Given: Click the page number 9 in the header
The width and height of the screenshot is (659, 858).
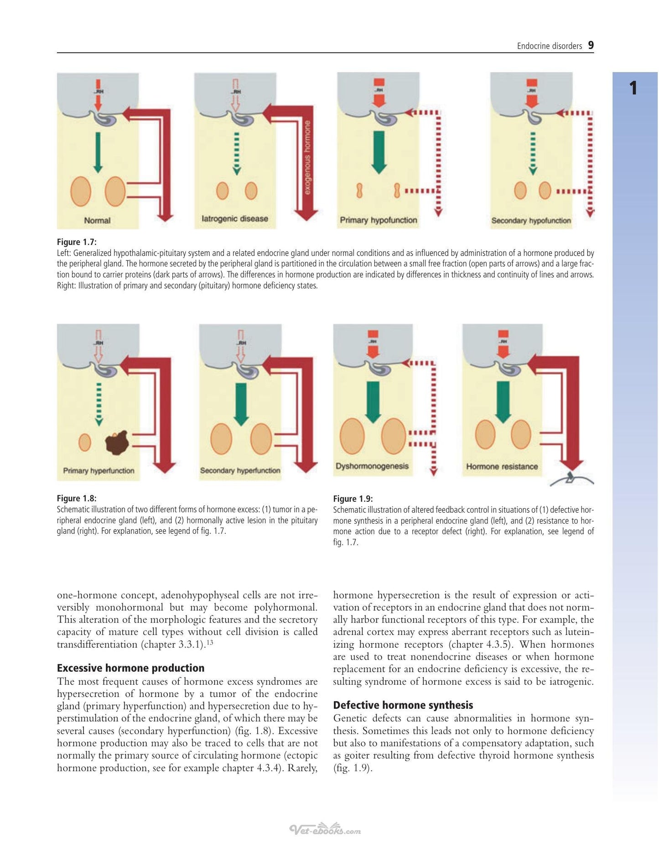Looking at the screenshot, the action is (591, 45).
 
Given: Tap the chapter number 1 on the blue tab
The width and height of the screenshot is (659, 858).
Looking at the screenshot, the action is (633, 88).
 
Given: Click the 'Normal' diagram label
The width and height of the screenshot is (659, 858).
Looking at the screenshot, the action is (97, 220).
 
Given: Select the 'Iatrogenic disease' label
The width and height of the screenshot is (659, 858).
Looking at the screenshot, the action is (235, 218).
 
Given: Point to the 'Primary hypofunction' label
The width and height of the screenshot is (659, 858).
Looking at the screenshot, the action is (379, 220).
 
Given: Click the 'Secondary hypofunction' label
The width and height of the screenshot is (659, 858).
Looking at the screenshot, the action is (531, 220).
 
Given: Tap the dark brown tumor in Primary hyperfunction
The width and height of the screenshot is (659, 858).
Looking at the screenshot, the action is (117, 443).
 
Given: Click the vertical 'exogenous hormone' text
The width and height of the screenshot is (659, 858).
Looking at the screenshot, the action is (307, 158).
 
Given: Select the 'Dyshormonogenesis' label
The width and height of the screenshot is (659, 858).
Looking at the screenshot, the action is (372, 466).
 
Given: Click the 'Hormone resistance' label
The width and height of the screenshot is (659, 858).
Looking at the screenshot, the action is (502, 467).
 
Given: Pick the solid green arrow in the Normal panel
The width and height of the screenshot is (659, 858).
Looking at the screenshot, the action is (98, 153).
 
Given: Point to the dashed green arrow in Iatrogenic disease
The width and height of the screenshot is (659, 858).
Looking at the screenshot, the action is (236, 154).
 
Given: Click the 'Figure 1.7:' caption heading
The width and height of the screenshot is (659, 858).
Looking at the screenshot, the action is (77, 242).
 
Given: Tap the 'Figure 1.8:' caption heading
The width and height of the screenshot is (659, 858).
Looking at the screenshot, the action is (77, 498).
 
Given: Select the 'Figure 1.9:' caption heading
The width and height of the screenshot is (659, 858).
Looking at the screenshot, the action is (353, 499).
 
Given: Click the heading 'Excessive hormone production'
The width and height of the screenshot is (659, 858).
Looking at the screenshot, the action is (130, 668).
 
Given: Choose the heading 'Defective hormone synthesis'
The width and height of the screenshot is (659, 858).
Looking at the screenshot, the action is (403, 705).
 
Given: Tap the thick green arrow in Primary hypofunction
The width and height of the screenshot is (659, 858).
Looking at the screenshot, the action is (379, 152).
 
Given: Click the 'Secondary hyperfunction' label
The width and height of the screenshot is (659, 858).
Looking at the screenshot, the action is (240, 470).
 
